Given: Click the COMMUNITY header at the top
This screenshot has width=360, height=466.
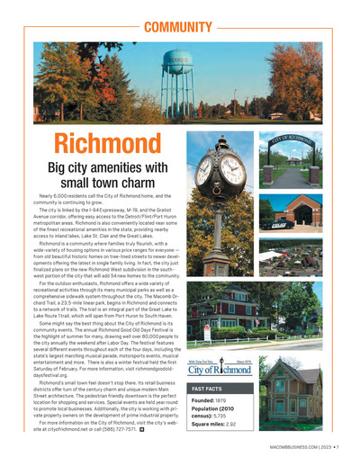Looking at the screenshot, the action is pos(178,28).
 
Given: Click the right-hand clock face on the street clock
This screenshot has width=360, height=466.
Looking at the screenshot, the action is pos(232,170).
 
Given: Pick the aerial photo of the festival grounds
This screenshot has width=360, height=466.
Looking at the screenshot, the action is pos(290,255).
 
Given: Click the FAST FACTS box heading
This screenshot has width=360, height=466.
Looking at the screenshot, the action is pos(208,389).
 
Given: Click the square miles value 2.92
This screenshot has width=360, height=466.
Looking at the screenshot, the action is pos(231,425).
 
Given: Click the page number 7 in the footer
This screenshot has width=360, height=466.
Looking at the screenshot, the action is pos(335,446).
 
